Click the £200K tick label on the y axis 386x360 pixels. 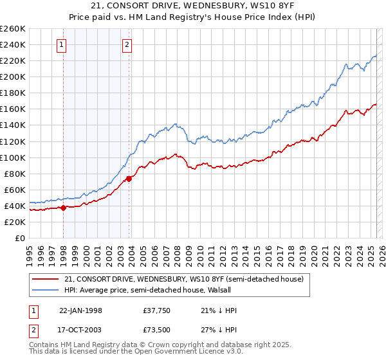[x=12, y=76]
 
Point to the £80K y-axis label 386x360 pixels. [x=15, y=174]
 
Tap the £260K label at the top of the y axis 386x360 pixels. [x=12, y=29]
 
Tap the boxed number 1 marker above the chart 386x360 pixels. [x=61, y=44]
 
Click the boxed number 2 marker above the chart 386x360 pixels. [x=127, y=44]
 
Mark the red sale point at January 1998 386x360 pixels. [x=64, y=208]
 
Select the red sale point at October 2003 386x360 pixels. [x=129, y=179]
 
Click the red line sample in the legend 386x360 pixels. [x=45, y=279]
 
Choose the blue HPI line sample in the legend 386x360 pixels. [x=45, y=290]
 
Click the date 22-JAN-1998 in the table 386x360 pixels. [x=80, y=310]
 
